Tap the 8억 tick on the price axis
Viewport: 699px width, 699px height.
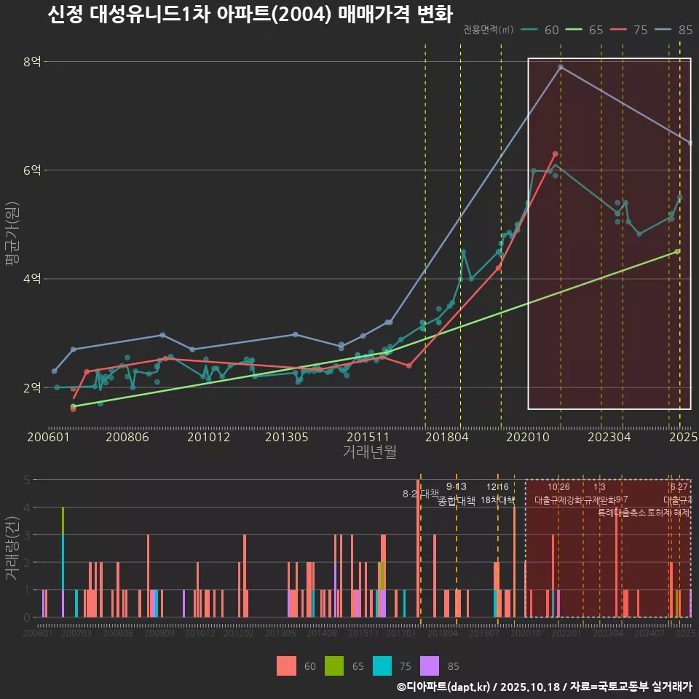pos(32,62)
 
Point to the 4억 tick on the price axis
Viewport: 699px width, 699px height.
pos(32,279)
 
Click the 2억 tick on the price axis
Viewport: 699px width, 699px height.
pos(32,387)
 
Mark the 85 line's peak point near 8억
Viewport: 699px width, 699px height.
pos(561,67)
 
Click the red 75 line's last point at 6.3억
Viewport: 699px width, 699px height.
pos(555,154)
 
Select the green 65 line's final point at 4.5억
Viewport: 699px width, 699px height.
pos(677,251)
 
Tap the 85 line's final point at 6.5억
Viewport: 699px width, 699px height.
pos(690,143)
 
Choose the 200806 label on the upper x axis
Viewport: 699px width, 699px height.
pos(128,438)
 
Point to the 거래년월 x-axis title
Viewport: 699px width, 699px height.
pos(369,451)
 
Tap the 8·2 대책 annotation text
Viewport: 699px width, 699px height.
pos(416,494)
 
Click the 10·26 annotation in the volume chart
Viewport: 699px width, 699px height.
pos(558,487)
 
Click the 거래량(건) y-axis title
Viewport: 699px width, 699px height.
pos(12,548)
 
